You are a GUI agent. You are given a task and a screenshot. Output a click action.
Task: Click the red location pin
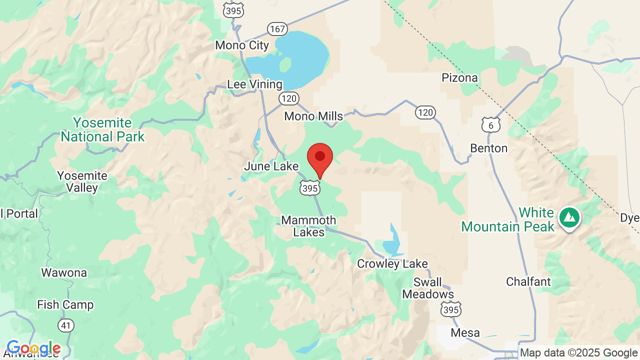click(x=320, y=158)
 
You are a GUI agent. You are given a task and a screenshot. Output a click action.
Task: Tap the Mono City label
click(x=242, y=45)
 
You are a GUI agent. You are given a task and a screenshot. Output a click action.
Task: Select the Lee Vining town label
click(x=254, y=84)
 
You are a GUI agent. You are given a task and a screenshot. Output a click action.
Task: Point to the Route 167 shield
click(x=276, y=28)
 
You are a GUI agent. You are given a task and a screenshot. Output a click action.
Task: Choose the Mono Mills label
click(x=313, y=116)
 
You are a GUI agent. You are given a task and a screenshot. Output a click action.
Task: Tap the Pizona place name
click(x=459, y=78)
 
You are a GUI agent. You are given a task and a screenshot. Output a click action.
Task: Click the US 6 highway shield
click(x=491, y=125)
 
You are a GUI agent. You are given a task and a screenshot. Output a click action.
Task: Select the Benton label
click(x=488, y=148)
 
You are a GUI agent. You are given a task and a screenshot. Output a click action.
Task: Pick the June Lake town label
click(x=271, y=166)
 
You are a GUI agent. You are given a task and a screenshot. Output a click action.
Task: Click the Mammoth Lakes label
click(x=308, y=226)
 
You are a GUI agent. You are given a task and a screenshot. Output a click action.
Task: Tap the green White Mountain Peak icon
click(x=569, y=218)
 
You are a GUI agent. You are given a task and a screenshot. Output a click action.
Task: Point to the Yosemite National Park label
click(x=102, y=129)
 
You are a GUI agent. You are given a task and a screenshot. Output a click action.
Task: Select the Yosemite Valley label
click(x=82, y=182)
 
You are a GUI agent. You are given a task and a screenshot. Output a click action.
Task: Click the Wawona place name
click(x=64, y=273)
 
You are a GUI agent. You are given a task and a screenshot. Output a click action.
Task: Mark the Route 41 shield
click(x=65, y=325)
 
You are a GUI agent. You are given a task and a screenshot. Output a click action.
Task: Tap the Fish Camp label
click(x=65, y=304)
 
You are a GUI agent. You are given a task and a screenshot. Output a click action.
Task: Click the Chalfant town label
click(x=528, y=281)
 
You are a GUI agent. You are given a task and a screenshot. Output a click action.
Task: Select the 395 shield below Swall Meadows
click(x=450, y=310)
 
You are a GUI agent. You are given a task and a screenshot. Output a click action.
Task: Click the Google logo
click(x=33, y=348)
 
